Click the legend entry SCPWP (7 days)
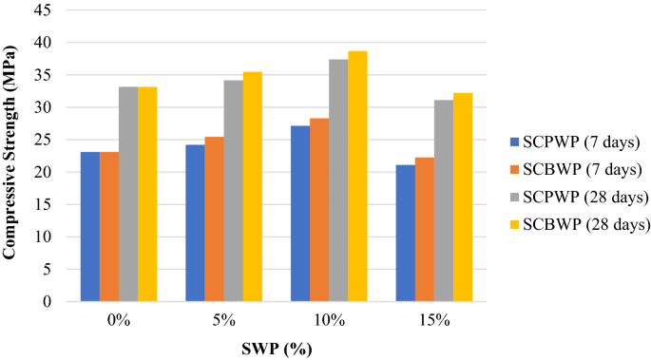[576, 142]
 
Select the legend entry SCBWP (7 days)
[576, 170]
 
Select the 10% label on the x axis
[329, 321]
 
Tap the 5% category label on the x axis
[223, 321]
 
